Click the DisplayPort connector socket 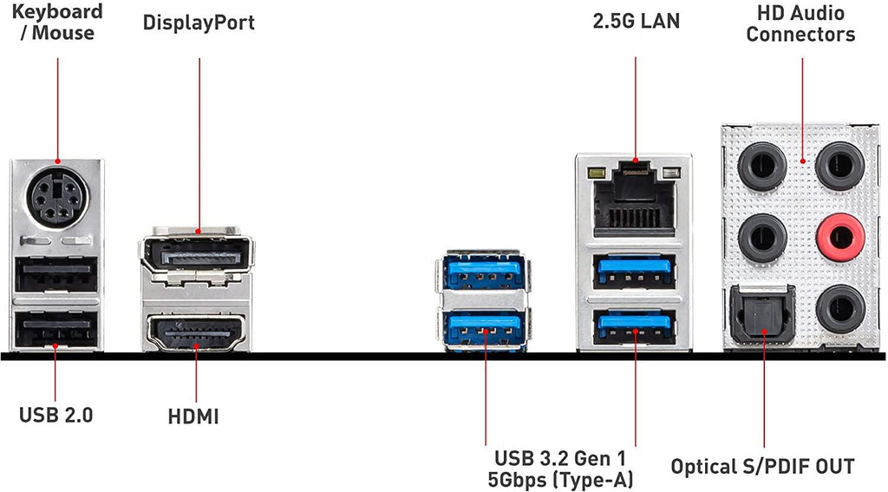coord(194,256)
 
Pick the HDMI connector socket coord(195,331)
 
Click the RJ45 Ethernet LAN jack coord(635,199)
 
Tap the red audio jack coord(839,234)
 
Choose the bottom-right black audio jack coord(839,309)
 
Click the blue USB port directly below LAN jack coord(635,272)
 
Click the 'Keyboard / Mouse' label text coord(56,23)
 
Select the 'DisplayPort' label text coord(199,23)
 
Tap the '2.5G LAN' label coord(636,22)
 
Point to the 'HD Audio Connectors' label coord(800,23)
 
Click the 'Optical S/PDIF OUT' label coord(762,467)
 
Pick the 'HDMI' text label coord(193,417)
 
